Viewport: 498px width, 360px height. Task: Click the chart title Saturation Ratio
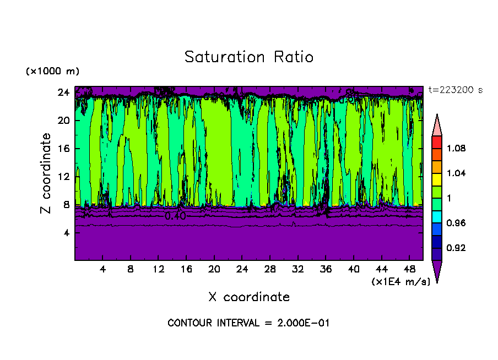click(x=248, y=57)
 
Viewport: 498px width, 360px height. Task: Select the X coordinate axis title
click(x=249, y=297)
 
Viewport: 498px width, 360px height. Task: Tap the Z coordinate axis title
click(x=47, y=173)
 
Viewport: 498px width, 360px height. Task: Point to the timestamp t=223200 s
click(x=455, y=90)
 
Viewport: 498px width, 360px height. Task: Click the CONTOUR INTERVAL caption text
click(x=248, y=323)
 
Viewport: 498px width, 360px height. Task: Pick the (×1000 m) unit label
click(x=52, y=72)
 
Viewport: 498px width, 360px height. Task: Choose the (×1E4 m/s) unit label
click(x=400, y=282)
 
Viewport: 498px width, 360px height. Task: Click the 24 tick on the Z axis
click(x=64, y=92)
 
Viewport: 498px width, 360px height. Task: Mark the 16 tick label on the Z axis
click(x=64, y=149)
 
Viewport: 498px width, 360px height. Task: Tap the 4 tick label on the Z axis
click(x=67, y=233)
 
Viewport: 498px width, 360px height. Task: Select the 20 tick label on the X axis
click(x=214, y=270)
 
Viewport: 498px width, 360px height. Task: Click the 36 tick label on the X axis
click(x=326, y=270)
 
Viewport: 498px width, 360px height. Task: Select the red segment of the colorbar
click(x=437, y=142)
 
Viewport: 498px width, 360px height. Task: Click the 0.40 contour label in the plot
click(x=175, y=216)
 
